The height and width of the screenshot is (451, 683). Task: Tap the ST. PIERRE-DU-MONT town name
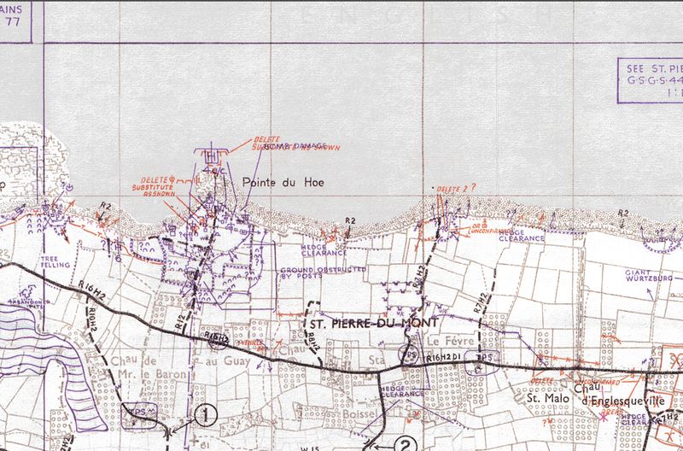point(372,324)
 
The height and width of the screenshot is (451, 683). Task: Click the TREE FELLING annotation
point(49,261)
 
